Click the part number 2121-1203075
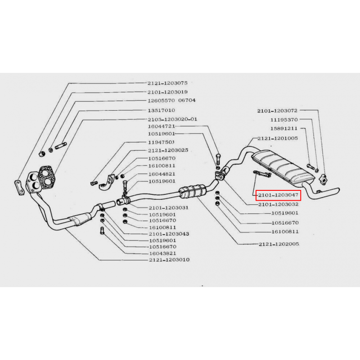(x=167, y=83)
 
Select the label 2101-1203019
(x=167, y=92)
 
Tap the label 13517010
(x=162, y=110)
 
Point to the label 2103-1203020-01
(x=172, y=119)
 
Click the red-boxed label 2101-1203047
(x=278, y=195)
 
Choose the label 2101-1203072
(x=277, y=111)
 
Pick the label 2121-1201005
(x=278, y=139)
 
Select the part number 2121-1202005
(x=279, y=244)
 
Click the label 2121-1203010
(x=169, y=260)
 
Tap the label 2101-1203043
(x=169, y=234)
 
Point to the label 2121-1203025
(x=168, y=150)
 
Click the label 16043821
(x=162, y=253)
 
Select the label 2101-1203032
(x=278, y=204)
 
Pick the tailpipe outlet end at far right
(x=338, y=190)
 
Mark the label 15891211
(x=284, y=129)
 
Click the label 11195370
(x=284, y=120)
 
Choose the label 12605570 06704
(x=171, y=100)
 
